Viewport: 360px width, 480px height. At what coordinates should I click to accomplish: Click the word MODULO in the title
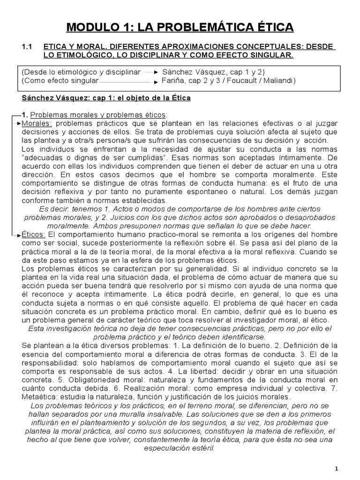click(91, 28)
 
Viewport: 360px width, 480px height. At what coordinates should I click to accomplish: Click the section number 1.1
click(27, 47)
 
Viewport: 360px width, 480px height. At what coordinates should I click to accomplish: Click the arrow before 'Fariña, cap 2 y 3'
click(157, 82)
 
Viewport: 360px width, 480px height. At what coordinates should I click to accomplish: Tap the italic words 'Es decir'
click(54, 209)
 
